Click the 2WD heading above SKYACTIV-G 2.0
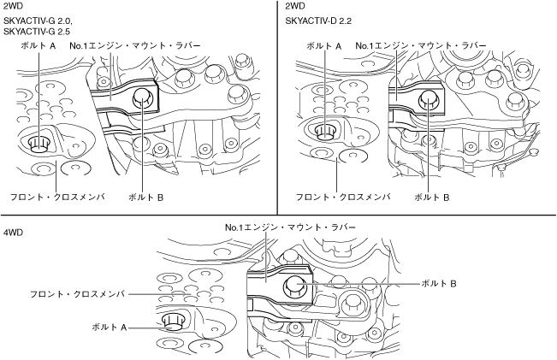coord(13,7)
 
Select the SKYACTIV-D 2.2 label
coord(318,20)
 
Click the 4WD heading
coord(13,233)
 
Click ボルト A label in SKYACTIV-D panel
coord(323,44)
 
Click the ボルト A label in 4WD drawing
coord(110,327)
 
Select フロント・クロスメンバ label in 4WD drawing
coord(77,293)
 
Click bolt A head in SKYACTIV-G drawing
coord(38,142)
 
